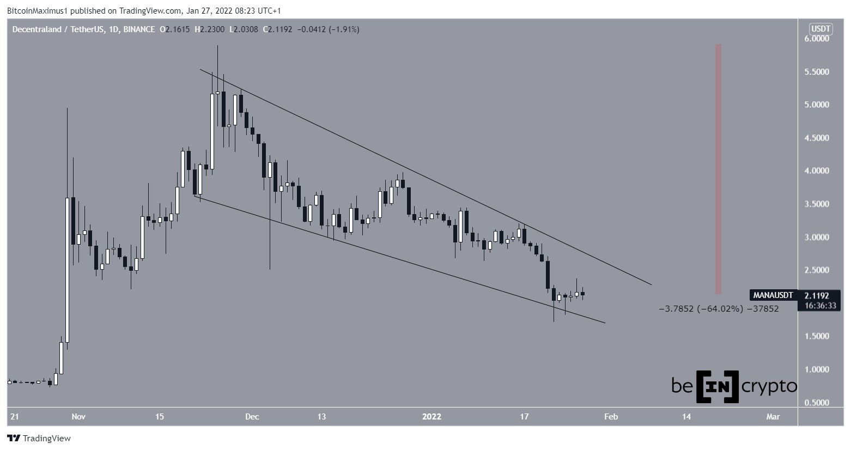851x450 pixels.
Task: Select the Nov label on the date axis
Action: pos(78,417)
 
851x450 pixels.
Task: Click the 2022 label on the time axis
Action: pos(432,417)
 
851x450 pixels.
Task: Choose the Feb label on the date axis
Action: pos(611,417)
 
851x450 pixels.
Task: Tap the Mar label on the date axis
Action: pos(773,417)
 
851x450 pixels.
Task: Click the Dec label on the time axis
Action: pos(252,417)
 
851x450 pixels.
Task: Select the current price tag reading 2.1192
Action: pos(816,296)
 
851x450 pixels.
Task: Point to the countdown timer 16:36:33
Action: pos(816,306)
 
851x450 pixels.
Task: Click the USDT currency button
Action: pos(820,29)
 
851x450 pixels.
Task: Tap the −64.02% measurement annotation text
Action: pos(719,309)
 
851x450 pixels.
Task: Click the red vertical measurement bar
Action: pos(719,169)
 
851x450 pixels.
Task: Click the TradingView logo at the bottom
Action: pos(39,438)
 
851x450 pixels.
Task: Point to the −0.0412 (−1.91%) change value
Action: pos(327,29)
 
